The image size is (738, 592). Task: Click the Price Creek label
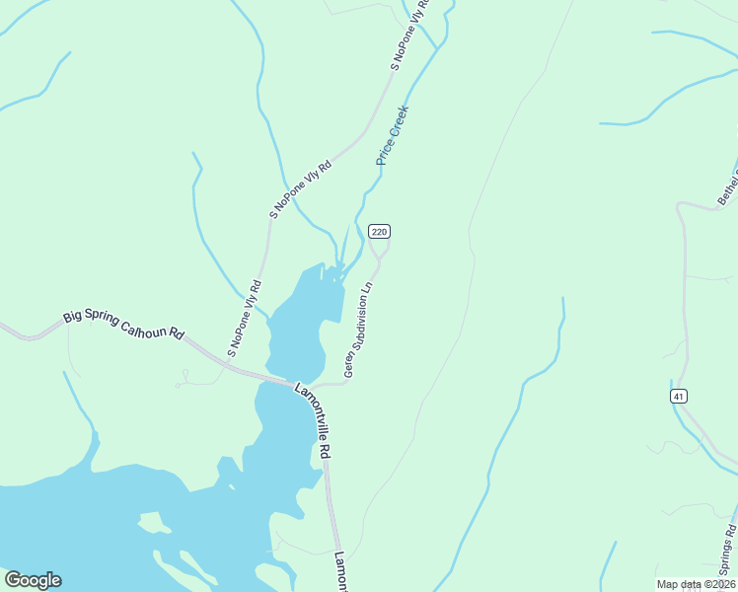point(392,135)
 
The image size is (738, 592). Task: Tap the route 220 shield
point(380,231)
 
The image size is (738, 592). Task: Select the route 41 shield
point(678,396)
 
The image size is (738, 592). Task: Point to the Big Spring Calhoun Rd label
point(123,325)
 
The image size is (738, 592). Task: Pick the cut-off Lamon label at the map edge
point(340,571)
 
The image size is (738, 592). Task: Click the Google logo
point(33,580)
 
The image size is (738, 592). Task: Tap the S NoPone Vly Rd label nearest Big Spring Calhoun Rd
point(244,318)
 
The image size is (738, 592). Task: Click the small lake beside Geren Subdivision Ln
point(301,321)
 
